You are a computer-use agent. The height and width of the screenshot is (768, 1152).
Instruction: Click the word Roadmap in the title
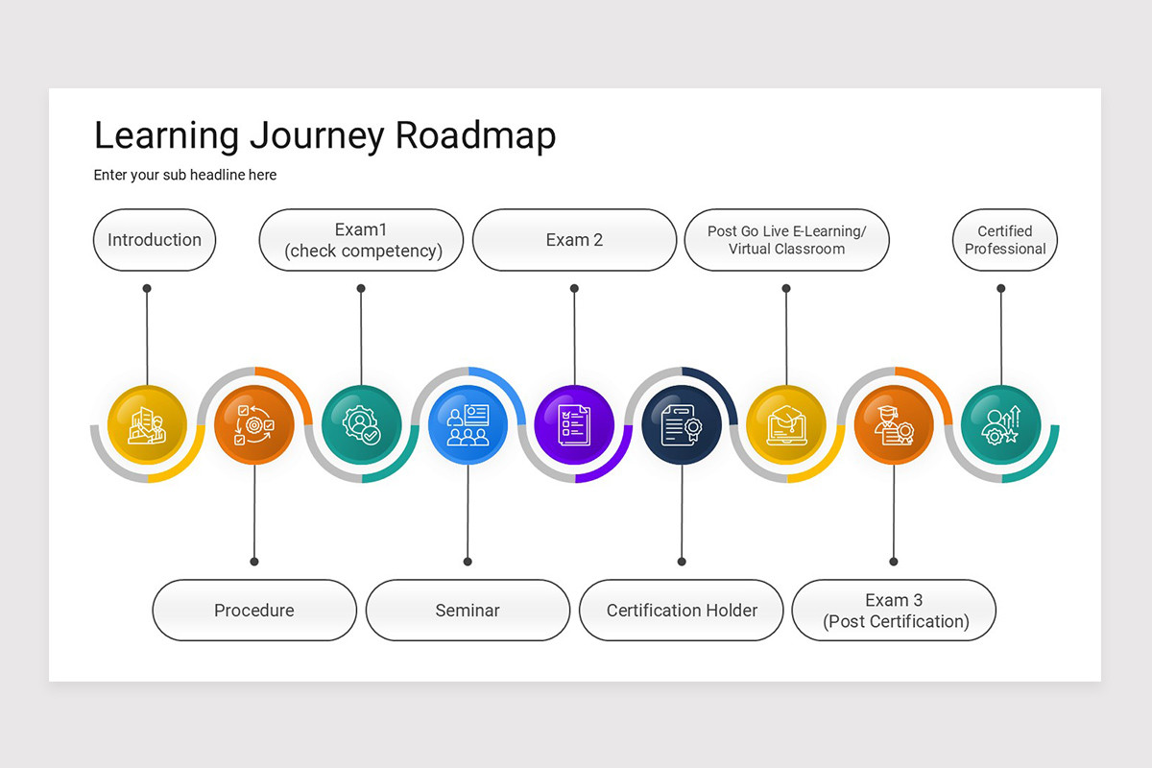click(475, 136)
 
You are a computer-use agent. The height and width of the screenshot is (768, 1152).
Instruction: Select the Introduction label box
click(155, 240)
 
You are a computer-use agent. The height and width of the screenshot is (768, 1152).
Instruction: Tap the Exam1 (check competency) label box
click(362, 240)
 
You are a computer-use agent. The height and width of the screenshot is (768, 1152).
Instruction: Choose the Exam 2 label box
click(574, 240)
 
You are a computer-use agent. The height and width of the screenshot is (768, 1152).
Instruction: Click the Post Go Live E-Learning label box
click(786, 240)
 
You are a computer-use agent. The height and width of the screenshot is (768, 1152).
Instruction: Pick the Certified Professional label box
click(1004, 240)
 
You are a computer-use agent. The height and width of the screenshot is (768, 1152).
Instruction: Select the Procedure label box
click(254, 610)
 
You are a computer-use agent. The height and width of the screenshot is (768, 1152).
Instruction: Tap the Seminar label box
click(468, 610)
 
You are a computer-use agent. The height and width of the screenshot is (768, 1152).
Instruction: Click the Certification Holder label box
click(682, 610)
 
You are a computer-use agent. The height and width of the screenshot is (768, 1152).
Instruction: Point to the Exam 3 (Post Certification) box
click(894, 610)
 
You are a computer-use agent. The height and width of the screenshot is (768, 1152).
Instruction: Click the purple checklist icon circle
click(574, 423)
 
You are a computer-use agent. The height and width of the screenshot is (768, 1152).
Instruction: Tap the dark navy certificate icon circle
click(682, 423)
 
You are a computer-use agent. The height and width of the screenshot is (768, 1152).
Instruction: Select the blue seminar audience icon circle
click(468, 423)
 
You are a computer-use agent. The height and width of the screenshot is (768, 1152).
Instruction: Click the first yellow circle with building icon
click(147, 423)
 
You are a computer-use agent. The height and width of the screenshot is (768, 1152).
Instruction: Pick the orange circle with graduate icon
click(894, 423)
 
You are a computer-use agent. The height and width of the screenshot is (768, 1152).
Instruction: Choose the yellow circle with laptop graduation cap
click(786, 423)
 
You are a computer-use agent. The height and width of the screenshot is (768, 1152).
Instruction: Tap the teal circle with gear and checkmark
click(361, 423)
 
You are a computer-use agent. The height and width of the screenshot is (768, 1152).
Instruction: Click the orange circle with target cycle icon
click(254, 423)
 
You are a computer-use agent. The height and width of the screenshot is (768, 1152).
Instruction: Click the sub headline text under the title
click(185, 175)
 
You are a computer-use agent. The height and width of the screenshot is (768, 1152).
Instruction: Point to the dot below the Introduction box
click(147, 288)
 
